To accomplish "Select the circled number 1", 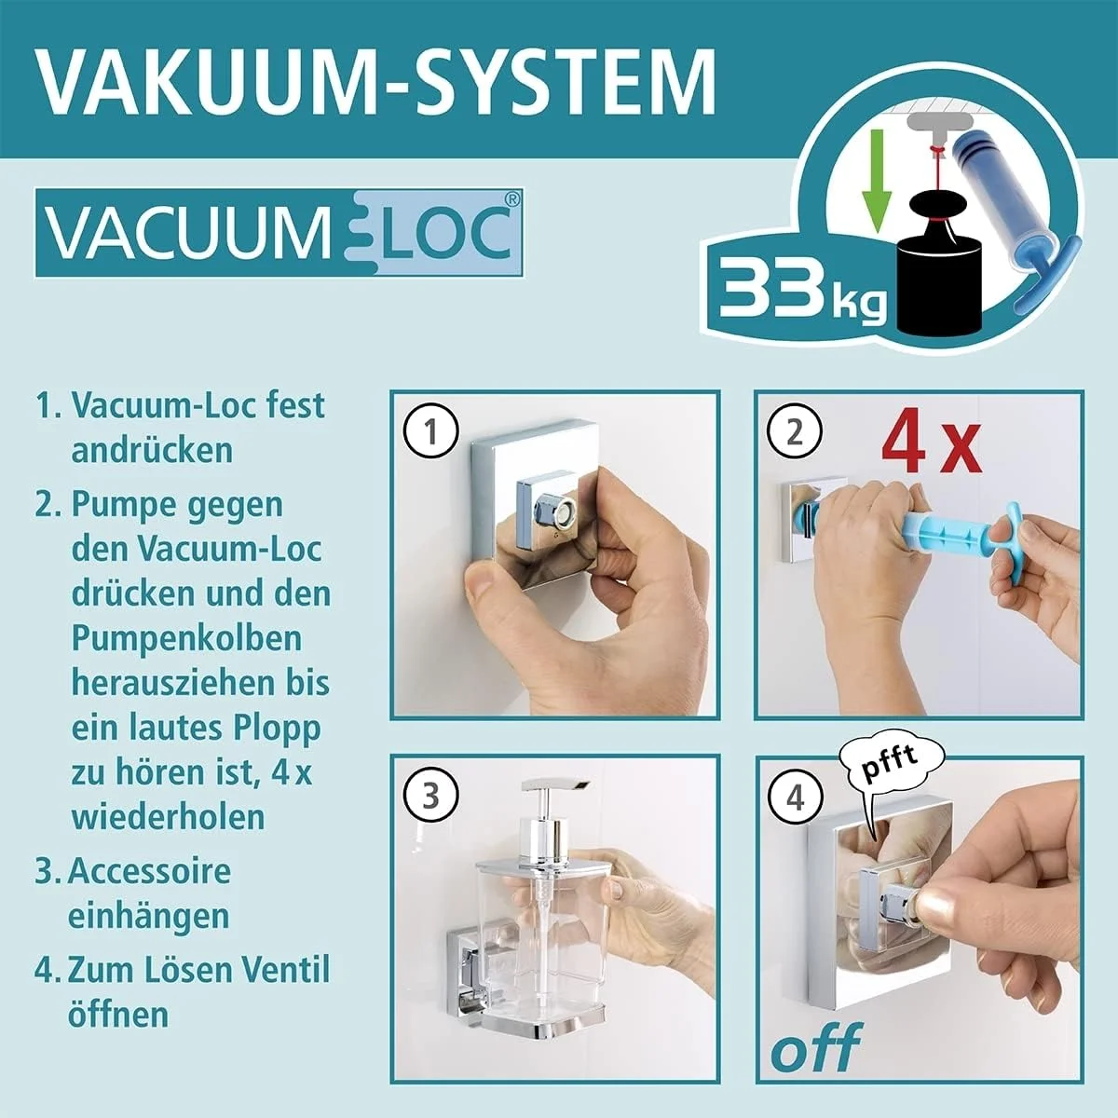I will (430, 432).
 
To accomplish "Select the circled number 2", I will (794, 432).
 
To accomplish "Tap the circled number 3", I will (430, 798).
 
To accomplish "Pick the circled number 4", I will (794, 798).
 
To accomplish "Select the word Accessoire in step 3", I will (149, 872).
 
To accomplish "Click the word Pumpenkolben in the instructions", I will (186, 639).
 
